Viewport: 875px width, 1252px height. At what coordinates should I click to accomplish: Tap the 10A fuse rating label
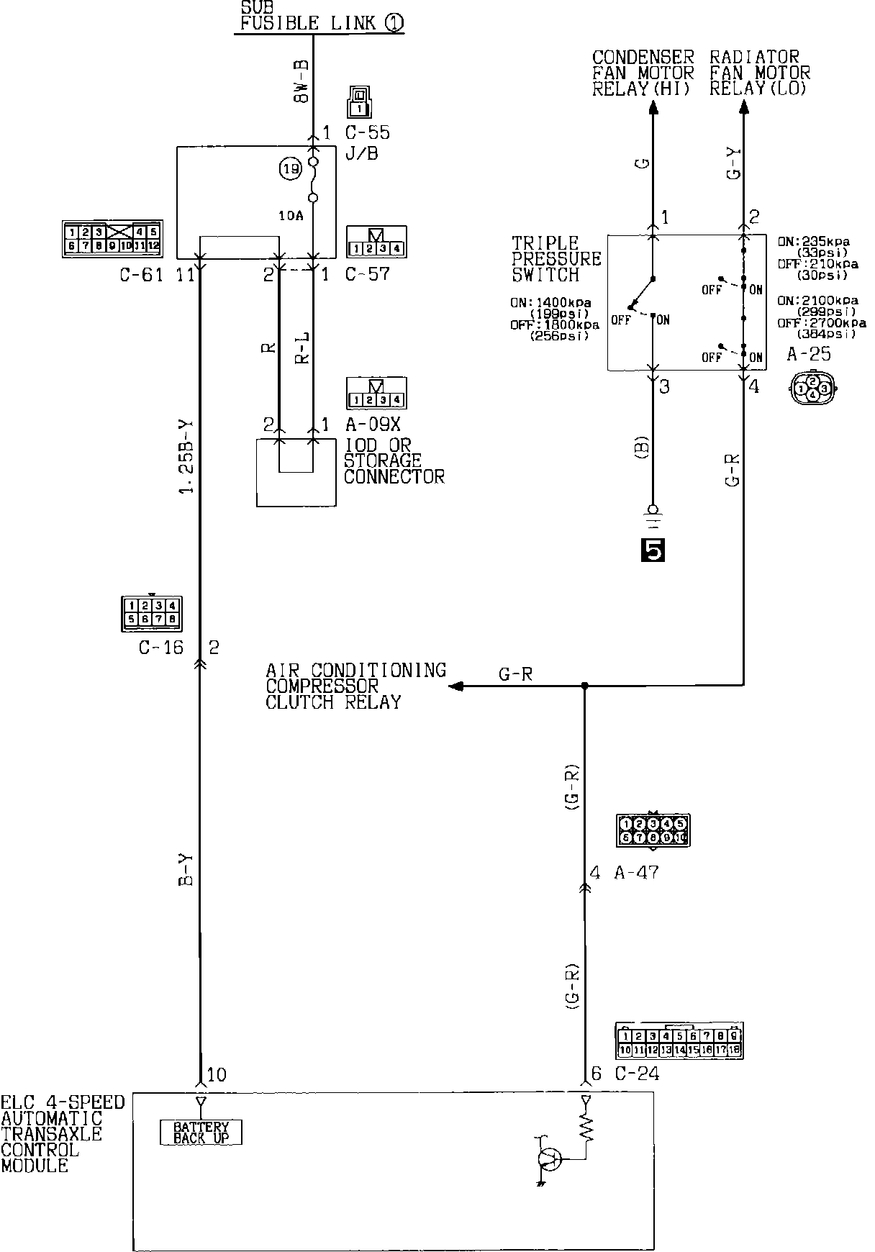(x=291, y=215)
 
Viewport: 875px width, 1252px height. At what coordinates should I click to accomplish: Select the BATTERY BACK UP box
(x=201, y=1133)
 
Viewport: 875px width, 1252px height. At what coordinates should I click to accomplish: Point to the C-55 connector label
(x=367, y=133)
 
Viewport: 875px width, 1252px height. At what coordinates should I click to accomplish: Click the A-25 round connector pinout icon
(x=813, y=387)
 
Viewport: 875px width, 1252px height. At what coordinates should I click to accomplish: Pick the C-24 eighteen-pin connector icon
(x=679, y=1041)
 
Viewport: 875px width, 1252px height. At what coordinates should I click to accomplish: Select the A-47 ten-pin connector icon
(x=653, y=830)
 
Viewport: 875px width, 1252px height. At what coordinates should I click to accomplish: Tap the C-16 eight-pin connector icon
(x=152, y=613)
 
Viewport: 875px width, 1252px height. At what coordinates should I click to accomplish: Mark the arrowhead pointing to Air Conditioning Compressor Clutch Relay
(x=455, y=686)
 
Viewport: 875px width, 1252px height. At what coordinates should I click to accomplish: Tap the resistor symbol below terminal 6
(x=586, y=1126)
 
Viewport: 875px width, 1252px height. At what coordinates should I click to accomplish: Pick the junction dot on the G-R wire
(x=584, y=686)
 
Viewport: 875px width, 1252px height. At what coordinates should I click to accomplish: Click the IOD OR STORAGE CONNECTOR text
(x=394, y=461)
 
